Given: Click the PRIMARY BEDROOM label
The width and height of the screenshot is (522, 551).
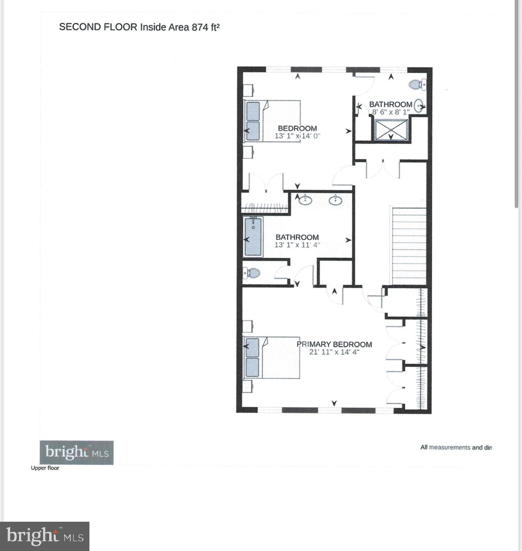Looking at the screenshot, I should (x=334, y=344).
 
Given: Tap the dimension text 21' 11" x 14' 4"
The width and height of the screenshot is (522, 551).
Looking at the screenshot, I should (x=334, y=352).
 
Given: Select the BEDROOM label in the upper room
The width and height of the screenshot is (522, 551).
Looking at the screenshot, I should (x=297, y=128).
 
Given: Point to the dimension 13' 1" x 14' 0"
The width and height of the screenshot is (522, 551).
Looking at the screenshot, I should (x=297, y=136).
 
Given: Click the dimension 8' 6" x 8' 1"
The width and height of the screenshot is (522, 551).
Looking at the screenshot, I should (x=391, y=111).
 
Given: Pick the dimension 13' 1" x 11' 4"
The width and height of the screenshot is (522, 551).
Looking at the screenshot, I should (x=297, y=245).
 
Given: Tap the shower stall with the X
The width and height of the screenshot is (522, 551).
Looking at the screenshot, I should (x=390, y=130).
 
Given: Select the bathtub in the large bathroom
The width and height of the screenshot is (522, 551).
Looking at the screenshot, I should (x=253, y=236).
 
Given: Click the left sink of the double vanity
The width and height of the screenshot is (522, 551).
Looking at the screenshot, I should (x=304, y=200).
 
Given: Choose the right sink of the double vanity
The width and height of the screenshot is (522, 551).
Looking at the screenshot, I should (x=336, y=200).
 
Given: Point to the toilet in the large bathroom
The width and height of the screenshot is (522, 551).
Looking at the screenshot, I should (x=252, y=273).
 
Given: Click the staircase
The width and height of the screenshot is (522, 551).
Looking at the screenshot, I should (x=408, y=246).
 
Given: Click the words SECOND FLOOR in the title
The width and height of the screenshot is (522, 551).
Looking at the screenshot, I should (x=98, y=27).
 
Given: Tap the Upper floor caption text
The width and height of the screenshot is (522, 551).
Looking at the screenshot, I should (x=45, y=468).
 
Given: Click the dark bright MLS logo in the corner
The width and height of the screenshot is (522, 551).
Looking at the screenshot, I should (x=45, y=536).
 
